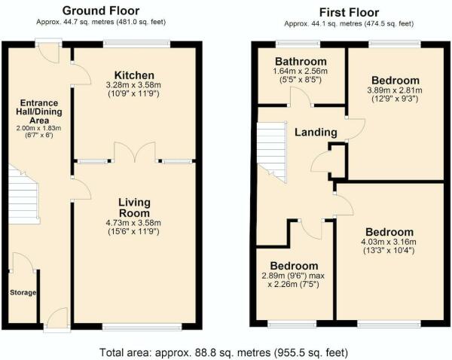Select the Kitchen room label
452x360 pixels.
(x=134, y=75)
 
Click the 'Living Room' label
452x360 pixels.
(x=134, y=208)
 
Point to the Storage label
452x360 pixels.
(x=23, y=291)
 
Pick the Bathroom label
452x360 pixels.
(x=301, y=61)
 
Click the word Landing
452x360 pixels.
(x=316, y=133)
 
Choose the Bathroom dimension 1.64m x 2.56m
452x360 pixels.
(x=301, y=75)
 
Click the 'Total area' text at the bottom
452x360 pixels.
(x=224, y=352)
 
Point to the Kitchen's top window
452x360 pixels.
(x=136, y=44)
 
